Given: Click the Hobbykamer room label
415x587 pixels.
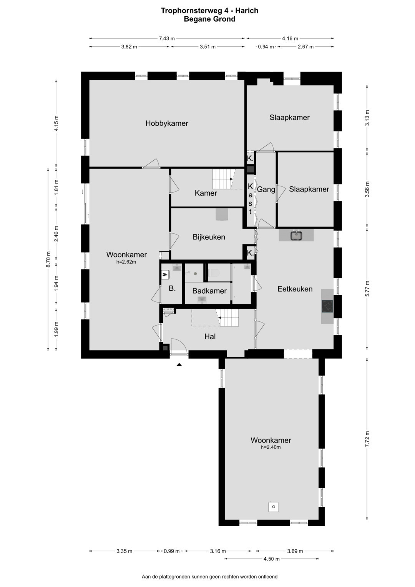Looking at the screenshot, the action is coord(167,123).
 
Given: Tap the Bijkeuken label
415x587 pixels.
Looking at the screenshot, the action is coord(209,237).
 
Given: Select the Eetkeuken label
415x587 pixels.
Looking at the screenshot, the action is coord(295,289).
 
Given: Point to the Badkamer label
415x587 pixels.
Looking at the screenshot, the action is coord(209,291).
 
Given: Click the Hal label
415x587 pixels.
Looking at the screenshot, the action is coord(210,336).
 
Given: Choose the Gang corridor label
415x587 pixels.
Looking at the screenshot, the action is coord(266,190).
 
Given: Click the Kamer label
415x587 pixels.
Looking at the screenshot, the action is coord(206,193).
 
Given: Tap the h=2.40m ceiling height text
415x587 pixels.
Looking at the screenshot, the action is coord(271,447).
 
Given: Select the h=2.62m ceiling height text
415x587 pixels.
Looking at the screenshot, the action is coord(126,262).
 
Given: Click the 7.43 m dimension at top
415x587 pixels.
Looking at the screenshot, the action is coord(167,38).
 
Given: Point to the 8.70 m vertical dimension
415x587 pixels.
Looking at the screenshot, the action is coord(48,259).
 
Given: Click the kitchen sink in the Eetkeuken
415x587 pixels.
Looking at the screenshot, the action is coord(297,235).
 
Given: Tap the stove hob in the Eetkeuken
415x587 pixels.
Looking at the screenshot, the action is coord(327,306).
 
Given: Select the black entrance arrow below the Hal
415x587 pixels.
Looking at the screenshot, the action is coord(179,364).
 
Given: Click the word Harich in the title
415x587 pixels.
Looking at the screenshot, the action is coord(247,11).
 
